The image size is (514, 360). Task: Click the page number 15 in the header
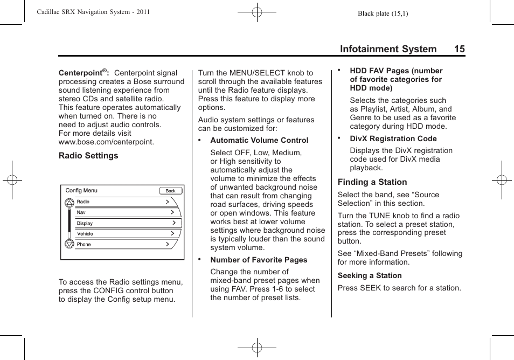click(459, 49)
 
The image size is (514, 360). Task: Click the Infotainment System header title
click(388, 49)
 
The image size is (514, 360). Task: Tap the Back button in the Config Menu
click(171, 191)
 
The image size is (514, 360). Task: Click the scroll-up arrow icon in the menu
click(69, 203)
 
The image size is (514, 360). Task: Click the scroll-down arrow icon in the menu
click(69, 244)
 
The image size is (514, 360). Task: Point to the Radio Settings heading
click(88, 156)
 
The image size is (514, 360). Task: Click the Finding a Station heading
click(372, 182)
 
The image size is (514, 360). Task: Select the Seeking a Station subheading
click(370, 275)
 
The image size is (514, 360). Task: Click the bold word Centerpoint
click(81, 73)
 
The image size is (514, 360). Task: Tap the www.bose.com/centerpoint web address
click(106, 142)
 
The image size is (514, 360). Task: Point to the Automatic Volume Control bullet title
click(259, 140)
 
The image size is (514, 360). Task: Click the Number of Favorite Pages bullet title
click(259, 260)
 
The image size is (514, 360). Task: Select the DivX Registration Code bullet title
click(393, 139)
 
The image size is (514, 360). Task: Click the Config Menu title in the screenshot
click(81, 190)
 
